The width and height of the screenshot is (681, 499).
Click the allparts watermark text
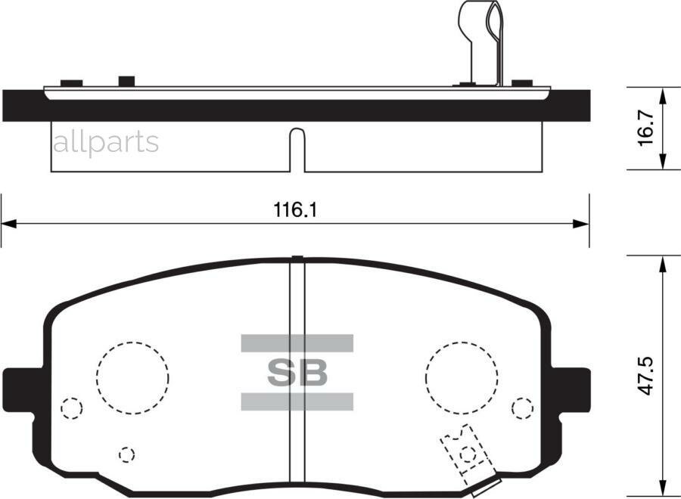click(105, 141)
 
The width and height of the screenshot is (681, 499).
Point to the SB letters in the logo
click(297, 372)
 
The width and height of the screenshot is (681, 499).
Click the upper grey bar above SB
click(297, 343)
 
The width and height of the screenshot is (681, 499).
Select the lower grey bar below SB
click(297, 401)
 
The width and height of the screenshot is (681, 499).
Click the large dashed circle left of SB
click(132, 377)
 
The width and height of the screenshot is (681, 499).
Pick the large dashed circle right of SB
click(462, 377)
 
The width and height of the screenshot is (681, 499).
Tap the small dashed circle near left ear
click(71, 408)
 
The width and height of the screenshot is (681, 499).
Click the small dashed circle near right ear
click(522, 408)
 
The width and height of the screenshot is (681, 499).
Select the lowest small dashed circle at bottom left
click(127, 454)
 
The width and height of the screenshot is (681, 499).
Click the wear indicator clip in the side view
click(484, 42)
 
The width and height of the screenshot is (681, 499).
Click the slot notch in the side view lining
click(298, 148)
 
